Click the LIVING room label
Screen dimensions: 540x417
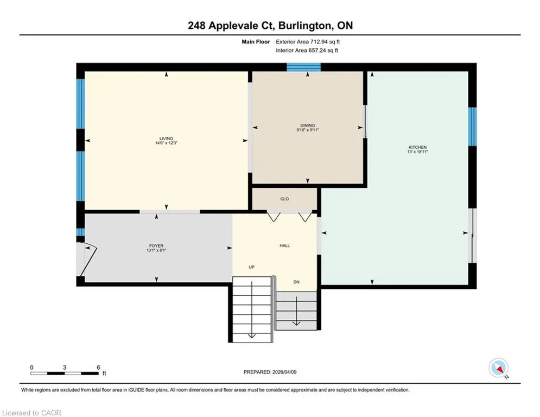click(166, 138)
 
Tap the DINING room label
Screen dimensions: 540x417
click(308, 125)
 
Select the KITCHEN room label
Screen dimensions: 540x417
click(417, 147)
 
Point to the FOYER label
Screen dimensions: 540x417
click(156, 246)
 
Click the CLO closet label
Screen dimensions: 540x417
click(284, 199)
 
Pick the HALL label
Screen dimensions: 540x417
click(284, 246)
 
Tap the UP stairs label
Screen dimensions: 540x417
click(252, 267)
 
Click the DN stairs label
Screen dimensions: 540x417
click(296, 282)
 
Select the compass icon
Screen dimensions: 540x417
click(499, 368)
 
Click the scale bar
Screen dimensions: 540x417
click(65, 373)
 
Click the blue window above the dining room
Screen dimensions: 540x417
click(304, 67)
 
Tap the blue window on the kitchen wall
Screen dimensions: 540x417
click(472, 127)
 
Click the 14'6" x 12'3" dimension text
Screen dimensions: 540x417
click(166, 143)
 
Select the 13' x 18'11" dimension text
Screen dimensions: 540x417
click(417, 151)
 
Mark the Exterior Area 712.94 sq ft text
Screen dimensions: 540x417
click(308, 42)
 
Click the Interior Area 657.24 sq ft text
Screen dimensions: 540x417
click(307, 50)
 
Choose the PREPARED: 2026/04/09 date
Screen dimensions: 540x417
click(270, 372)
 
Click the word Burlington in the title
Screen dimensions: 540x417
click(306, 26)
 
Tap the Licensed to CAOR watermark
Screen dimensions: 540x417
click(31, 413)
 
